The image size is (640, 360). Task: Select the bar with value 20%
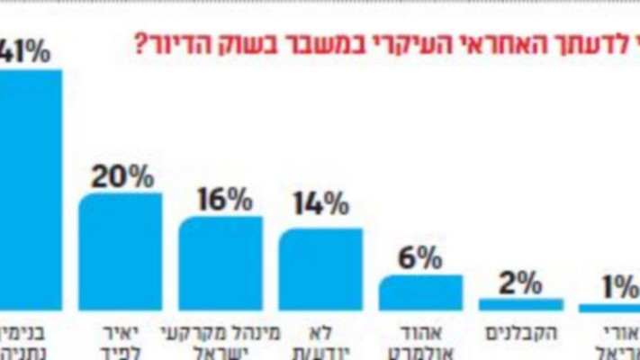coord(121,252)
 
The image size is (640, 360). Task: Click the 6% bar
coord(420,292)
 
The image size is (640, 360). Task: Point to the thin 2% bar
coord(520,304)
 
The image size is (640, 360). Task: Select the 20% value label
coord(122,177)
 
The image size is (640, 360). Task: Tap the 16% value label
coord(221,200)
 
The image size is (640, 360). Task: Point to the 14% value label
coord(320,205)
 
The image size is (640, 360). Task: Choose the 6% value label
coord(420,258)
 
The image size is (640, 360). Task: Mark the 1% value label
coord(621,290)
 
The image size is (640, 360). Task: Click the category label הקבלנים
coord(520,332)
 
